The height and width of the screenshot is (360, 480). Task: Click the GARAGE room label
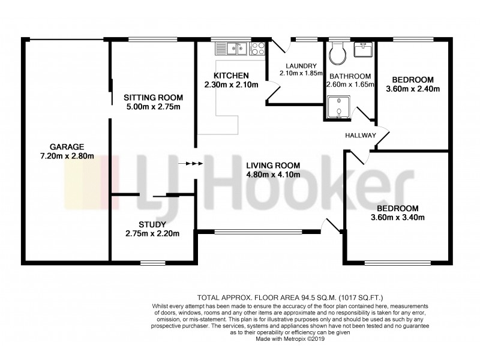[67, 146]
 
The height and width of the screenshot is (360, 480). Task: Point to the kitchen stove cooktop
[257, 47]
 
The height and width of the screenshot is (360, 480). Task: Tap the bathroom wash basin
[364, 50]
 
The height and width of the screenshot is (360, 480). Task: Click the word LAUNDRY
[296, 66]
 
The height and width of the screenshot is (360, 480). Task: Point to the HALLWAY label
[360, 136]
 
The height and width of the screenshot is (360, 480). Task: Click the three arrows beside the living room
[194, 163]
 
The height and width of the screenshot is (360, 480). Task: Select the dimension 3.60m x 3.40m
[398, 217]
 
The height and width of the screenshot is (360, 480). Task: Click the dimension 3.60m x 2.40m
[412, 89]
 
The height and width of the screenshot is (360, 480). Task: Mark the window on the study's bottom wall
[153, 262]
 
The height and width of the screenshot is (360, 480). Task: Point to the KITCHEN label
[230, 76]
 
